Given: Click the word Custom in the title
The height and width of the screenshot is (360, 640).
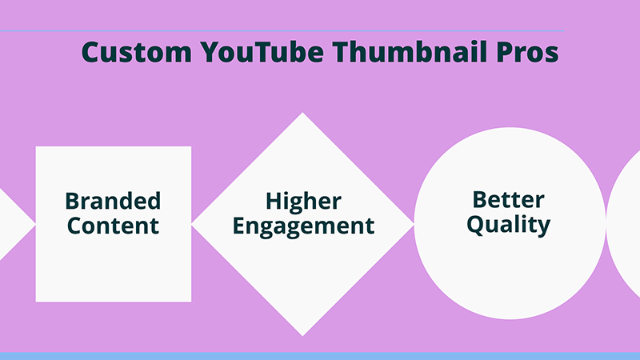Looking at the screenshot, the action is coord(137,52).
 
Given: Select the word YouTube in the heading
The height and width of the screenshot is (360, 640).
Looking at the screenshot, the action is coord(262,52).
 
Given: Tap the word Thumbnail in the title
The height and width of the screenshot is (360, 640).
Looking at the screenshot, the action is coord(410,51).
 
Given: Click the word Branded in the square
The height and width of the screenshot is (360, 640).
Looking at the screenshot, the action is coord(113,201).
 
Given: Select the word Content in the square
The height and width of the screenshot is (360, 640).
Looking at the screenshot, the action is coord(113,226).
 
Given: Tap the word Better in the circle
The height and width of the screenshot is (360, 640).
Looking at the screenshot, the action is coord(509,199).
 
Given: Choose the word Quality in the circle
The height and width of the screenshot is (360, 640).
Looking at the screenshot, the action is coord(509,226).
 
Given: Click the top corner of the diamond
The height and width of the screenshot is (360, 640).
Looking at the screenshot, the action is coord(302,113).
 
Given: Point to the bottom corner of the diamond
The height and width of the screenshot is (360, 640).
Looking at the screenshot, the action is coord(302,336).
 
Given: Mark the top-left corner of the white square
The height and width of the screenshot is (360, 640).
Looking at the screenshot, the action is coord(36,146).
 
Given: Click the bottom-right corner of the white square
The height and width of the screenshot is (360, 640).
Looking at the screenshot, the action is coord(191,302).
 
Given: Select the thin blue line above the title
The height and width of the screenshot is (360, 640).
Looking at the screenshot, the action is coord(282,30).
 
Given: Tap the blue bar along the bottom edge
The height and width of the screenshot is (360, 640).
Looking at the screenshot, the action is coord(320,356).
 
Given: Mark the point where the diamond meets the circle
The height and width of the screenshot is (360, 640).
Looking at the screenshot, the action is coord(414,224).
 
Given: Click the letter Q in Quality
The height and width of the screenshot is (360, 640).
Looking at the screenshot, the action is coord(475,225).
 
